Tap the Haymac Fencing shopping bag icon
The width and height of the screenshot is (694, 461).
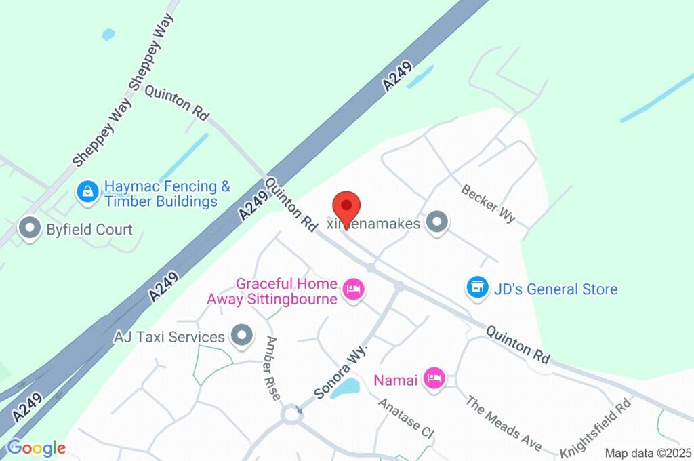88,192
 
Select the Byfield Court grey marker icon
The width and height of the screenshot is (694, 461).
30,229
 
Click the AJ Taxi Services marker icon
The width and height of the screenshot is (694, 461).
241,336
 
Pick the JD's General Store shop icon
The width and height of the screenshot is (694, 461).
478,287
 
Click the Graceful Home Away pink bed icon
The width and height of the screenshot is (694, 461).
354,290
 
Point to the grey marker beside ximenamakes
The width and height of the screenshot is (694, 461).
438,222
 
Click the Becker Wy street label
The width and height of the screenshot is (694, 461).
489,203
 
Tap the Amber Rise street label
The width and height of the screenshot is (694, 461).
273,367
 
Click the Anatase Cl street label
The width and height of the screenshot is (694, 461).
405,418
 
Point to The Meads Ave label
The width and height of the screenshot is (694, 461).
504,422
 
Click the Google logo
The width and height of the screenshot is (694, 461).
36,447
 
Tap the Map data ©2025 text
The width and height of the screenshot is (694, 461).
648,453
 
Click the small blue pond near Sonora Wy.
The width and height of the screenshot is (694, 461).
346,388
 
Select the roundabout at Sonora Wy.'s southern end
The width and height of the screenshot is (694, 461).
293,412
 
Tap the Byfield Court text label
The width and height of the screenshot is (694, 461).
89,230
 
